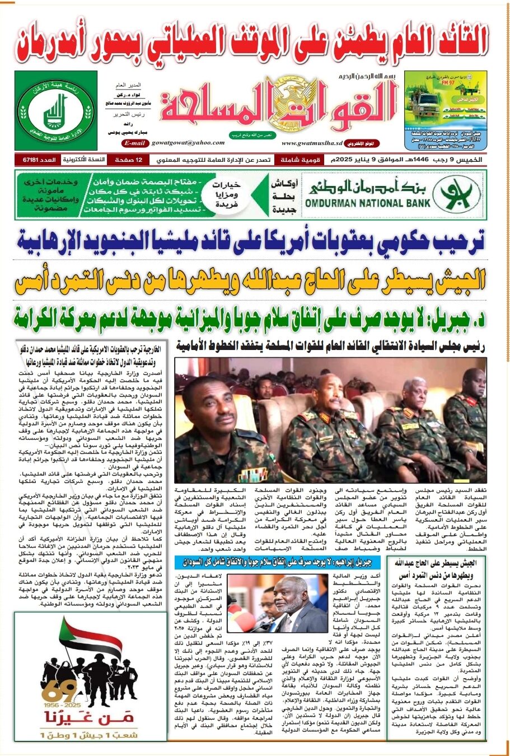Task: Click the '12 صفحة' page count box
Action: (x=128, y=160)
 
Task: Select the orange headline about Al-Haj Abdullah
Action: (x=251, y=281)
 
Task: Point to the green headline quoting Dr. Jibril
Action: (x=251, y=318)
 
